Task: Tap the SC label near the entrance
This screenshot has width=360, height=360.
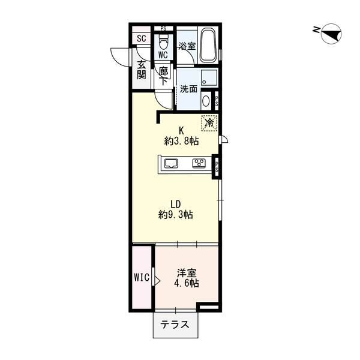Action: pyautogui.click(x=142, y=39)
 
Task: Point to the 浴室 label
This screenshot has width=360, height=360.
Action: pyautogui.click(x=187, y=46)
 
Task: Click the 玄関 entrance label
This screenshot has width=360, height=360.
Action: pyautogui.click(x=142, y=70)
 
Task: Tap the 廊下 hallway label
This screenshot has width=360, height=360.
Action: pyautogui.click(x=163, y=74)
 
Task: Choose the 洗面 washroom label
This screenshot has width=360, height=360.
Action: pyautogui.click(x=189, y=89)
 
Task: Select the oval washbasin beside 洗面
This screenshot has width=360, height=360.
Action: pyautogui.click(x=205, y=100)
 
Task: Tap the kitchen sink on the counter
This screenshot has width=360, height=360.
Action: pyautogui.click(x=171, y=163)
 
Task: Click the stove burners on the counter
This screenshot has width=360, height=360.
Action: pyautogui.click(x=199, y=163)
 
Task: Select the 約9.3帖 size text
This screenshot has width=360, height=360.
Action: pyautogui.click(x=176, y=214)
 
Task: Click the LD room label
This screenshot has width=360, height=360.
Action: pyautogui.click(x=175, y=203)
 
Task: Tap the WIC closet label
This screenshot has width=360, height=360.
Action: pyautogui.click(x=142, y=278)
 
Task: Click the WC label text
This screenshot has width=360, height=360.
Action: pyautogui.click(x=163, y=54)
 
